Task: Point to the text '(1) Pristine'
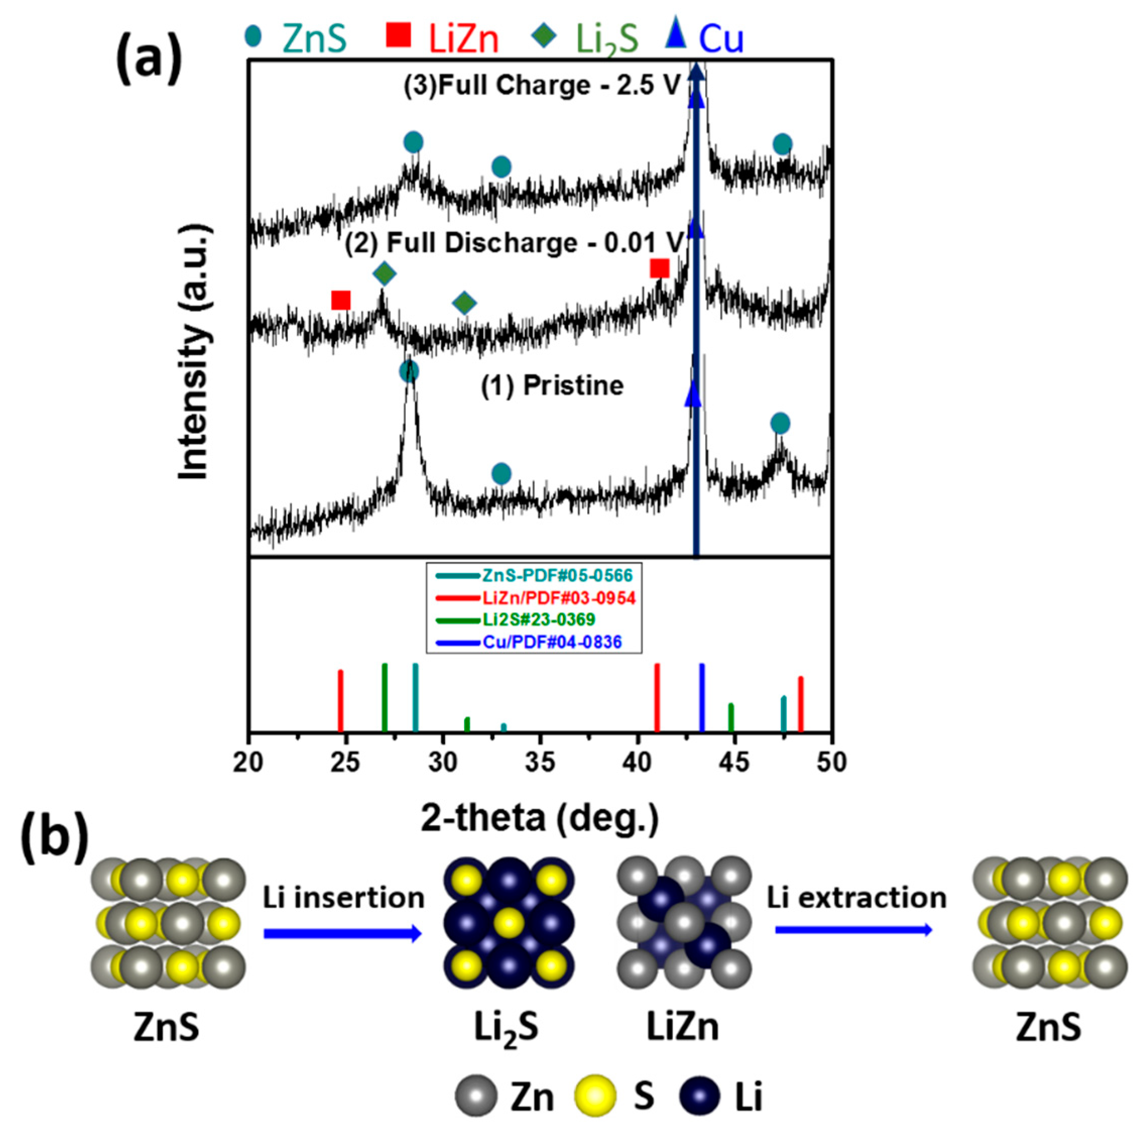pyautogui.click(x=552, y=386)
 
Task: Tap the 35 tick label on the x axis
pyautogui.click(x=539, y=762)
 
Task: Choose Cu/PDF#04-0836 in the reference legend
pyautogui.click(x=529, y=642)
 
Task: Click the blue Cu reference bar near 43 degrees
pyautogui.click(x=702, y=697)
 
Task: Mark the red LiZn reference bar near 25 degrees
pyautogui.click(x=341, y=700)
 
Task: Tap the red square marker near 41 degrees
pyautogui.click(x=659, y=269)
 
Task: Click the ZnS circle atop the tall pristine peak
pyautogui.click(x=409, y=371)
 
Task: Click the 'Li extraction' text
pyautogui.click(x=856, y=897)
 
